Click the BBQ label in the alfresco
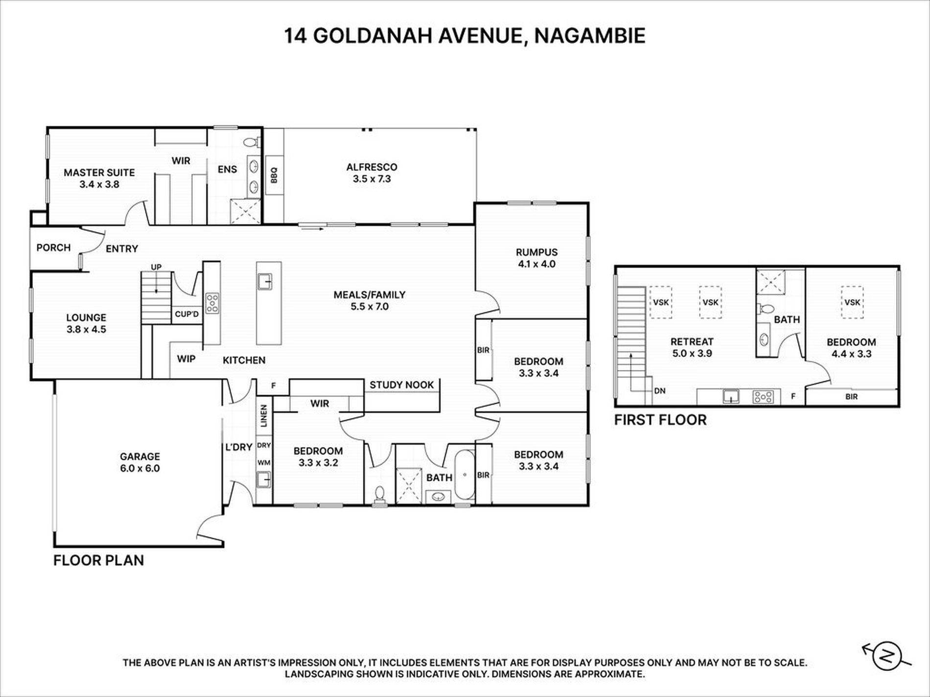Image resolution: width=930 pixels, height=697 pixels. (274, 175)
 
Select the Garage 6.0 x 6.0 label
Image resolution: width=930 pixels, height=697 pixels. (140, 462)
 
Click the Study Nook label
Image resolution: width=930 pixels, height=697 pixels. (402, 385)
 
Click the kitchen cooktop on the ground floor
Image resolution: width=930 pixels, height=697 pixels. (212, 303)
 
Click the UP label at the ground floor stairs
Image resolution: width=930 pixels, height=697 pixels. (156, 267)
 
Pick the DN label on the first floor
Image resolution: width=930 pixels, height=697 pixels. (660, 391)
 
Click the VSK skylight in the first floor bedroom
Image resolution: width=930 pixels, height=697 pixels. (852, 302)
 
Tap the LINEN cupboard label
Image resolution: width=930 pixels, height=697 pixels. (264, 416)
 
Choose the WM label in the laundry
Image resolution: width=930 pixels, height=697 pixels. (264, 462)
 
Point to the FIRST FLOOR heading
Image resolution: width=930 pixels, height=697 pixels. (660, 420)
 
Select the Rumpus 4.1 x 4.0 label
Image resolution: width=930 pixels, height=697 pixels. (536, 258)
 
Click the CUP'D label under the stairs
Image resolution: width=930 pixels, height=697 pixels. (187, 314)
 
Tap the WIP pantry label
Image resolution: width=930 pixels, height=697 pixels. (186, 359)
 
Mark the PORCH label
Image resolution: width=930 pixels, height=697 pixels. (53, 247)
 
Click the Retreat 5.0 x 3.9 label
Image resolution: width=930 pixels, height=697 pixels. (692, 347)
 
